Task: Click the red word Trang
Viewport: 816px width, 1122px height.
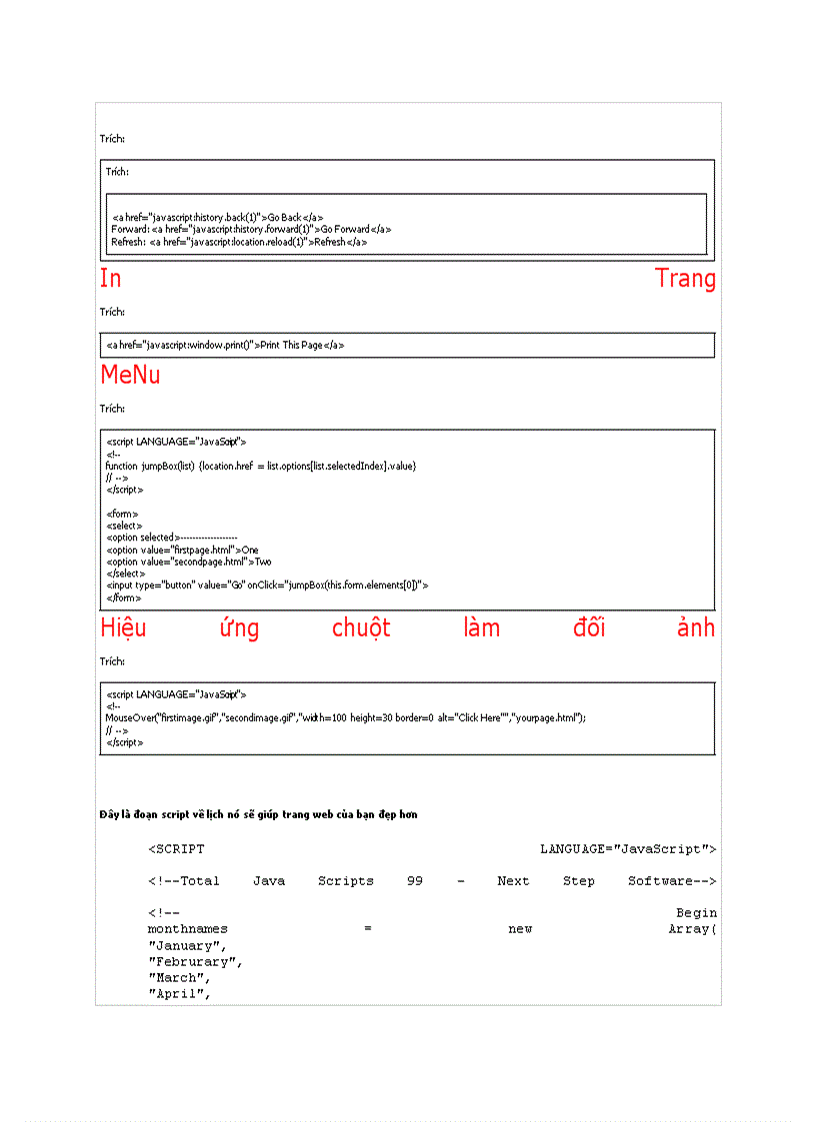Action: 685,279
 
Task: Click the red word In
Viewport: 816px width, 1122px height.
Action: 111,279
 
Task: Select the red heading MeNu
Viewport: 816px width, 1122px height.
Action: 130,376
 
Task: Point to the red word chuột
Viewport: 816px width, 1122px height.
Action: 361,628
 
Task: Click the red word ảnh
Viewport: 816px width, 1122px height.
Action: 695,628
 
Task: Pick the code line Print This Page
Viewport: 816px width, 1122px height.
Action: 225,346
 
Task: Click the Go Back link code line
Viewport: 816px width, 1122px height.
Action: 217,217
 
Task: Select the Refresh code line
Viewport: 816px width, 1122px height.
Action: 239,242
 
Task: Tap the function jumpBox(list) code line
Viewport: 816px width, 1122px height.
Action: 260,466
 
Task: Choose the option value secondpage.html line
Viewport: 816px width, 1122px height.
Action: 188,561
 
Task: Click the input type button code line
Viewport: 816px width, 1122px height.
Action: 267,585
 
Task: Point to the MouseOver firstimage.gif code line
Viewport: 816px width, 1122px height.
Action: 345,717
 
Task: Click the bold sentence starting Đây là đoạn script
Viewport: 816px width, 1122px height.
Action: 258,815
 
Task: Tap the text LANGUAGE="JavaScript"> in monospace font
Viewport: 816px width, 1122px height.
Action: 628,849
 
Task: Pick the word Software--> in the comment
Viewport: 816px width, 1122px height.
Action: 672,881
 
